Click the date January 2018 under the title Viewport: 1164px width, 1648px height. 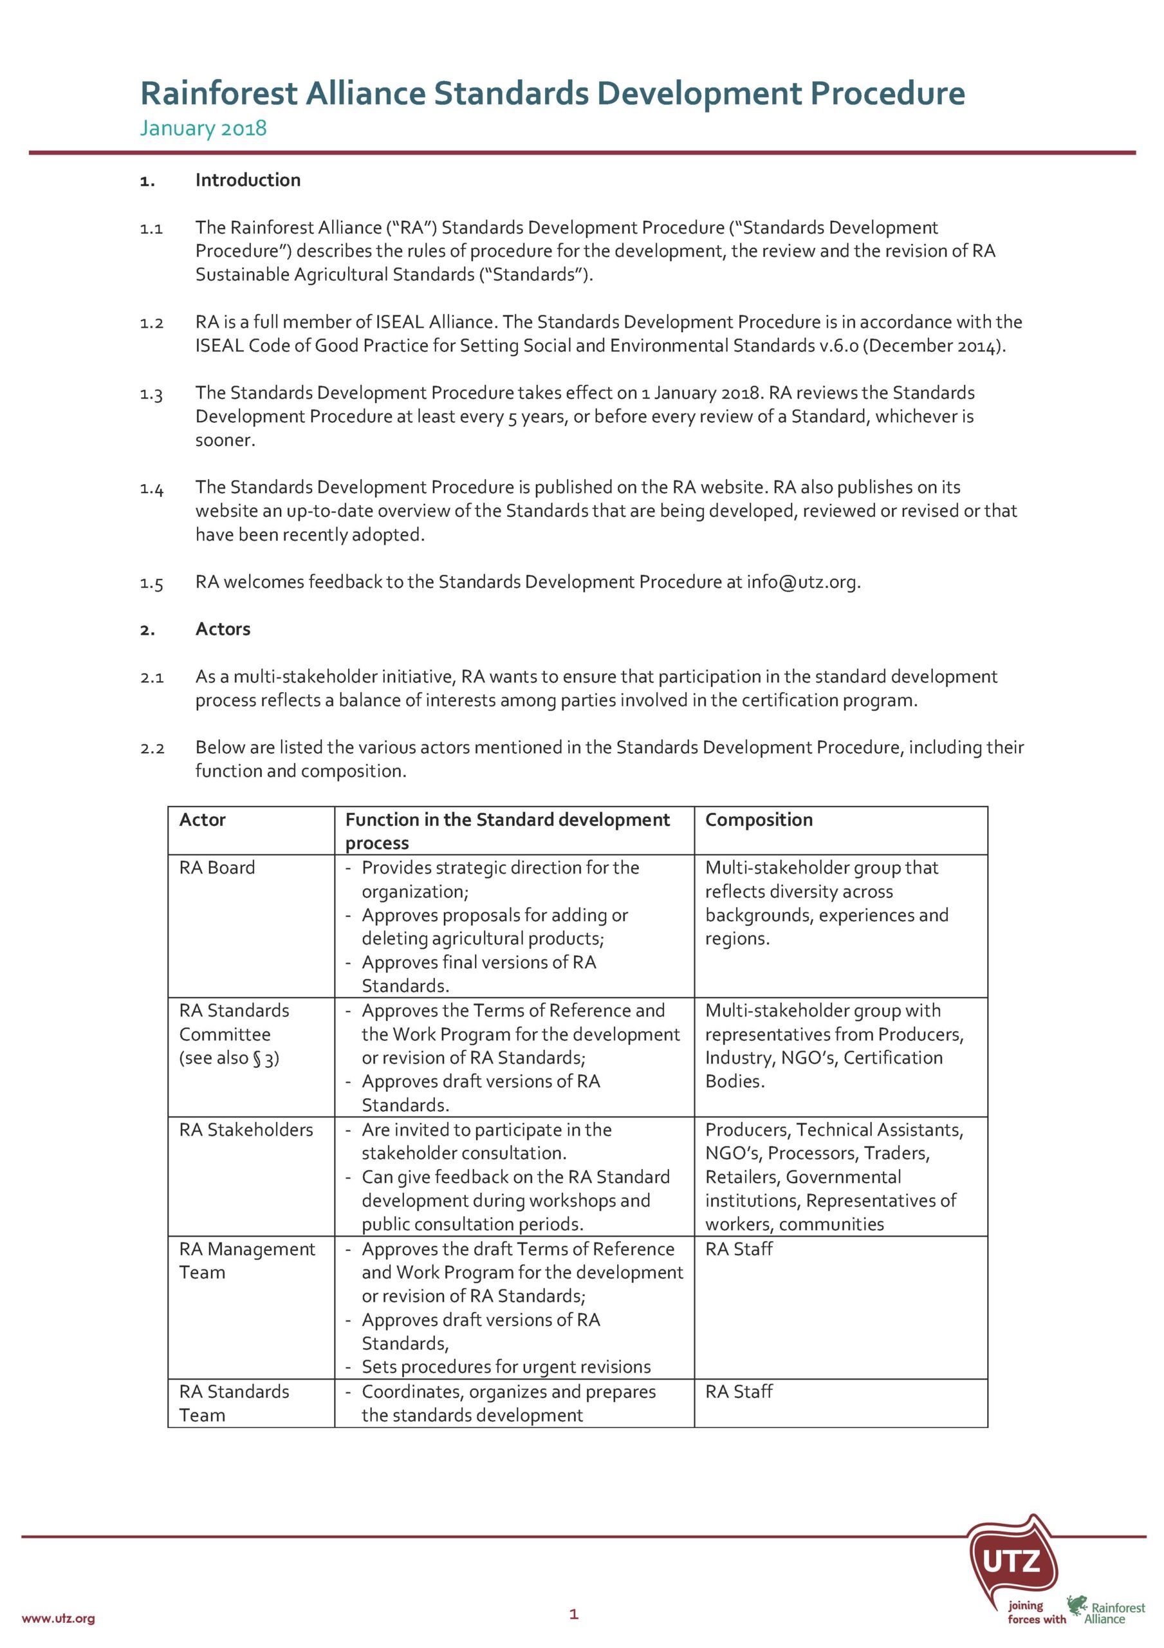(x=203, y=129)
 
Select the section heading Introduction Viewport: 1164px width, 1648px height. (x=248, y=180)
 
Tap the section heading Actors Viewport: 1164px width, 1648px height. (x=223, y=629)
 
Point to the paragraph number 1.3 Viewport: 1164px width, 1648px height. (x=151, y=395)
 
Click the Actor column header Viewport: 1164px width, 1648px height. (x=203, y=819)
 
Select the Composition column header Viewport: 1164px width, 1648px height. (x=759, y=819)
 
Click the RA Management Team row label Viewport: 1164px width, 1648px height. (x=246, y=1261)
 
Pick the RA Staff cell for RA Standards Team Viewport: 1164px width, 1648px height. (x=739, y=1392)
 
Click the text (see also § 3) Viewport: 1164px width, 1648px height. (x=229, y=1058)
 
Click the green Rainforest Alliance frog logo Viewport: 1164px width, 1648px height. (x=1076, y=1605)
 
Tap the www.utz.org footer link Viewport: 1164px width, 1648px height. (x=58, y=1618)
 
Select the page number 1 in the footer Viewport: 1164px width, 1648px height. (x=573, y=1615)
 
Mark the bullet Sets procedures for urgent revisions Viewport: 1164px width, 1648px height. (x=506, y=1367)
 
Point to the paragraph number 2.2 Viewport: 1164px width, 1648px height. (x=152, y=749)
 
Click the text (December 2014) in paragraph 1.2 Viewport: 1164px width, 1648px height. (x=933, y=346)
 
